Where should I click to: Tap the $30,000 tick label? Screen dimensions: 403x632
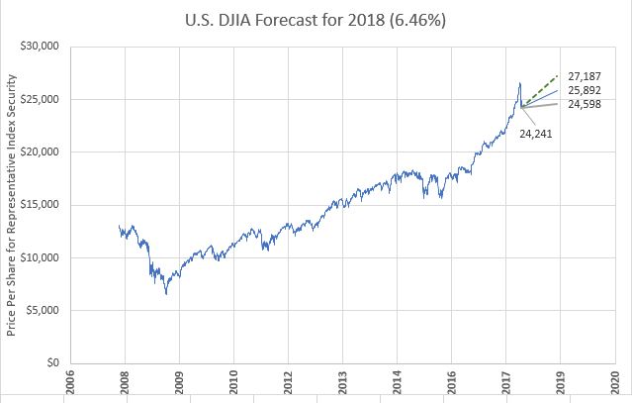41,47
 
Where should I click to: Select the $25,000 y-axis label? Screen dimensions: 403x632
41,99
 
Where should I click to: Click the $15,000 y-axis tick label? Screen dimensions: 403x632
41,205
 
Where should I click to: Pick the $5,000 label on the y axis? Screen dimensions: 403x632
44,310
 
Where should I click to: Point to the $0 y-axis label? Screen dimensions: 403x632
53,362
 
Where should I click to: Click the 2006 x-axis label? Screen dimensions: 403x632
69,382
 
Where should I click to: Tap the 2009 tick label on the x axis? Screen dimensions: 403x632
179,382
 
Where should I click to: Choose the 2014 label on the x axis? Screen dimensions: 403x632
397,382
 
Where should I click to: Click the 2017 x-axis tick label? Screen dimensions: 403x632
505,382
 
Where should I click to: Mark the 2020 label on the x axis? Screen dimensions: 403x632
614,382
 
